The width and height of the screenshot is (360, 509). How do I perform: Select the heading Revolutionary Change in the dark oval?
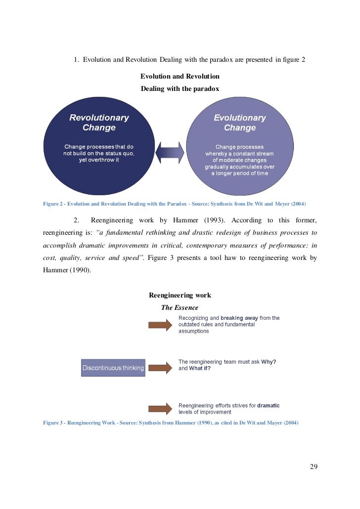[x=99, y=123]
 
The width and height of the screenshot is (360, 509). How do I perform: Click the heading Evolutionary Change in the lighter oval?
[x=239, y=123]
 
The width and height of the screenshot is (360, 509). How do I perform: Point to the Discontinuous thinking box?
[x=113, y=368]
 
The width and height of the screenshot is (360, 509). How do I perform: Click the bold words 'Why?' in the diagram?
[x=269, y=361]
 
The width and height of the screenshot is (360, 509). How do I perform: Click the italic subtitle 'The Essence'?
[x=180, y=307]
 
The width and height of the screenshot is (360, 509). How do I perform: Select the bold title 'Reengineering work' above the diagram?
[x=180, y=295]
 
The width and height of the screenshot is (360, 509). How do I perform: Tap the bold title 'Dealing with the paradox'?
[x=180, y=89]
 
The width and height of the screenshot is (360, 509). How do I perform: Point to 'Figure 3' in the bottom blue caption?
[x=54, y=423]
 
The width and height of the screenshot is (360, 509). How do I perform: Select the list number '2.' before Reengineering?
[x=77, y=219]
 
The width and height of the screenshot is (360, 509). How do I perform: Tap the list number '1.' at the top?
[x=77, y=60]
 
